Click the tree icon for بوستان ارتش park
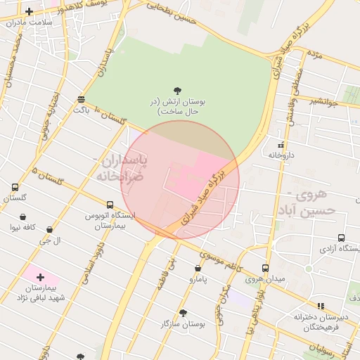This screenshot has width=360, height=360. pyautogui.click(x=176, y=91)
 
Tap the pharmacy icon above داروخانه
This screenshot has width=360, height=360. pyautogui.click(x=281, y=145)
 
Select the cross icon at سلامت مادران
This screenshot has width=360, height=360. pyautogui.click(x=29, y=11)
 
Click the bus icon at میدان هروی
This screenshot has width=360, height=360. pyautogui.click(x=265, y=268)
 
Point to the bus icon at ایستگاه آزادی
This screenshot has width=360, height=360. pyautogui.click(x=341, y=238)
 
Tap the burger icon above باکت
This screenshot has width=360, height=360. pyautogui.click(x=82, y=99)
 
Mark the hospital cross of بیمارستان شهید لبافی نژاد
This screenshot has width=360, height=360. pyautogui.click(x=40, y=277)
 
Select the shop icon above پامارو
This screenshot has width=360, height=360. pyautogui.click(x=198, y=268)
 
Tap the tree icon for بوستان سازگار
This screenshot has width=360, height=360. pyautogui.click(x=183, y=313)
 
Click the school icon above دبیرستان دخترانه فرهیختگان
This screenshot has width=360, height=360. pyautogui.click(x=321, y=306)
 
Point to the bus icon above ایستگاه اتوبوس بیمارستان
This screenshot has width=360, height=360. pyautogui.click(x=110, y=204)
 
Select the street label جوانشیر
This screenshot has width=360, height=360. pyautogui.click(x=325, y=102)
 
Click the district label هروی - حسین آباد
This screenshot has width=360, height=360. pyautogui.click(x=310, y=202)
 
